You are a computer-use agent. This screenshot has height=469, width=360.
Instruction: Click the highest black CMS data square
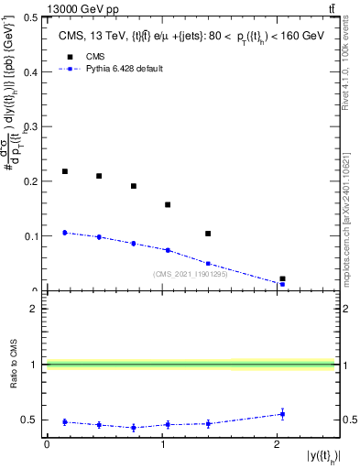65,171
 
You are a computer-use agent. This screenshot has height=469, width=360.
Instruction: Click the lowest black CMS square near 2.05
282,278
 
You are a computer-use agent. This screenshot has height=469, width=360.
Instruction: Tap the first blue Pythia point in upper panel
65,233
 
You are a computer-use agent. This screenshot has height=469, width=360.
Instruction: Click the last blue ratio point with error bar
282,414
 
